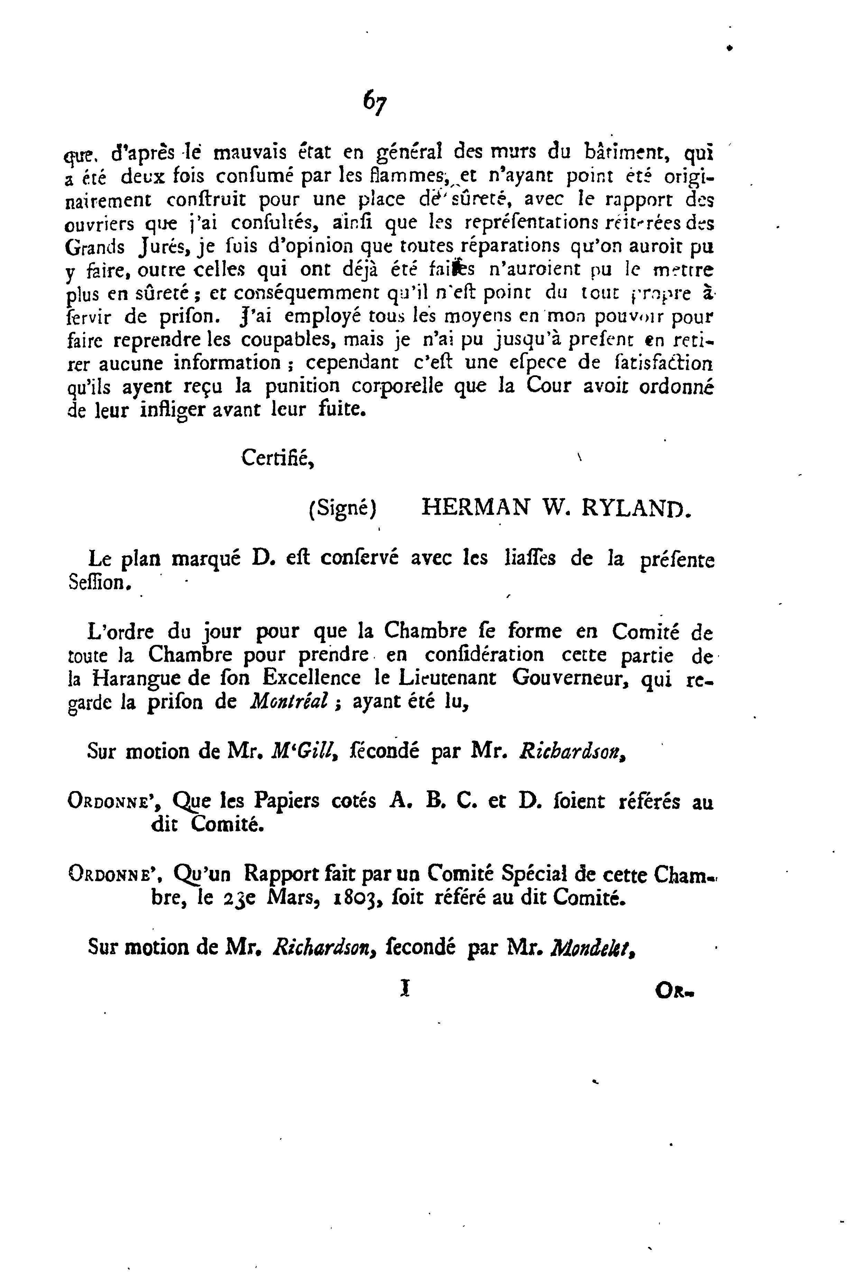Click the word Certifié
(x=277, y=458)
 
